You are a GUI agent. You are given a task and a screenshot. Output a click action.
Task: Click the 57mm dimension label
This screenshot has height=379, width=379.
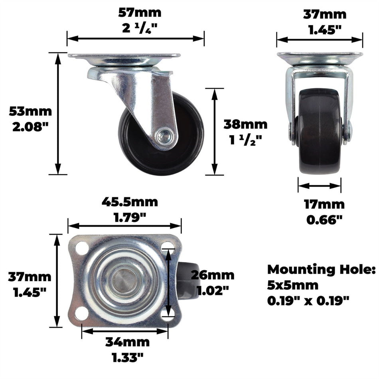140,12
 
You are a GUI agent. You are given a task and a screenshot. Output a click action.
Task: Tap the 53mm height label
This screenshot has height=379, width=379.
30,111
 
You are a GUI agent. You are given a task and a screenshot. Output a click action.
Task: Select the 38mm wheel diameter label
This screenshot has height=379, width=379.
245,124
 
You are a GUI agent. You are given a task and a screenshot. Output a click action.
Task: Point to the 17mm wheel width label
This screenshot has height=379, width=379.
324,205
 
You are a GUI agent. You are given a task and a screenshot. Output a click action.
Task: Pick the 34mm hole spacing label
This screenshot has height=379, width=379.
127,342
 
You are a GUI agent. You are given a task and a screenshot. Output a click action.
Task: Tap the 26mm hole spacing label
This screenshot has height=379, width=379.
212,275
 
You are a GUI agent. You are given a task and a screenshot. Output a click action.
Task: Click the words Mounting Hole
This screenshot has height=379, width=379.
321,270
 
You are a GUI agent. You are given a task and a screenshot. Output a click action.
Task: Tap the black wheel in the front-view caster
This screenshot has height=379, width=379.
319,132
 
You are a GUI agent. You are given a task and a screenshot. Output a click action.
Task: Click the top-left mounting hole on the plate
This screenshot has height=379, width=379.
82,248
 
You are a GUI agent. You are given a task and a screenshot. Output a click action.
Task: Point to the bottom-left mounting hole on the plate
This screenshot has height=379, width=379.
82,313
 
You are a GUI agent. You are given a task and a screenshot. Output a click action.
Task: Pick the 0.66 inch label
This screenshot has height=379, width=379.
324,219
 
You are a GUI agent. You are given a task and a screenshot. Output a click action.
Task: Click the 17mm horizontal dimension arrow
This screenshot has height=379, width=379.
319,186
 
